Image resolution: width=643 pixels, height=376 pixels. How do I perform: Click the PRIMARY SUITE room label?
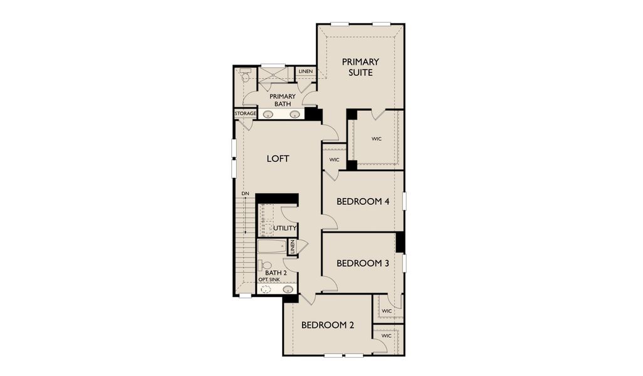click(360, 67)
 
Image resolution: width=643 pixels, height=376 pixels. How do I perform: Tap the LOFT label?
click(278, 159)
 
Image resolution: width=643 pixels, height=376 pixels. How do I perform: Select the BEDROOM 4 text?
click(363, 202)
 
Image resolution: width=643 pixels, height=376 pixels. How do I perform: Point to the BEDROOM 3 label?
click(363, 263)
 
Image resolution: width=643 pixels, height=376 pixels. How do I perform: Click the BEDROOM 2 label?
click(328, 325)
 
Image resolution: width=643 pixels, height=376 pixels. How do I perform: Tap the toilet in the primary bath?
click(244, 76)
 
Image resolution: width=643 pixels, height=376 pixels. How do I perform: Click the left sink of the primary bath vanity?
click(268, 115)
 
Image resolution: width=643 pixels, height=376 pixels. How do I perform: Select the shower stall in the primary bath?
click(273, 78)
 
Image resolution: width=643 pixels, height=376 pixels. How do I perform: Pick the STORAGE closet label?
click(245, 113)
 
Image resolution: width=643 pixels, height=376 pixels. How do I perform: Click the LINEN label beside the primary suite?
click(306, 71)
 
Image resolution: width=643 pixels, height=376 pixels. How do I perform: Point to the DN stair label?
click(245, 194)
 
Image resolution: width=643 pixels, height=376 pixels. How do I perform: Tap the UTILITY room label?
click(285, 228)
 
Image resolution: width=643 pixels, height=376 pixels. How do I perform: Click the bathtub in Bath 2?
click(271, 246)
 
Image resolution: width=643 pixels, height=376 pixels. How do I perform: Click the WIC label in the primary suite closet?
click(377, 138)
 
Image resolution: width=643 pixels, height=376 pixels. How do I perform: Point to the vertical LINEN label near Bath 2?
click(291, 246)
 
